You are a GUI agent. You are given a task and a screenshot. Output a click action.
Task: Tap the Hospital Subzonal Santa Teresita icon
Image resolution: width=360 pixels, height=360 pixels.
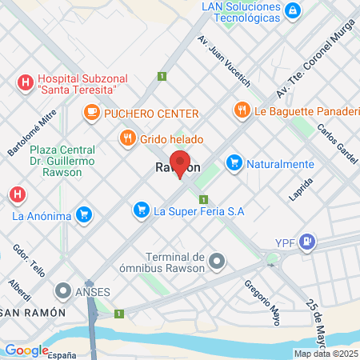pos(25,82)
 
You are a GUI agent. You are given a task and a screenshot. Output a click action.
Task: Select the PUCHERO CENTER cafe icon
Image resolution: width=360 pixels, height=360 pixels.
pos(92,113)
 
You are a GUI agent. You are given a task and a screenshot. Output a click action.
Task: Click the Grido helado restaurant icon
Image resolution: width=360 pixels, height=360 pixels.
pos(127,138)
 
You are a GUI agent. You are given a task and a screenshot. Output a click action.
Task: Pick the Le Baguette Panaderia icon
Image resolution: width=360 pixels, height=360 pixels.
pos(241,109)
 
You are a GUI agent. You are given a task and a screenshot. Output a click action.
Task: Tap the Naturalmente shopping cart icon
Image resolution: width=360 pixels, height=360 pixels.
pos(234,163)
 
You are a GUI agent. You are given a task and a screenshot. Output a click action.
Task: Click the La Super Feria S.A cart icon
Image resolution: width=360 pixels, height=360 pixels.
pos(141,210)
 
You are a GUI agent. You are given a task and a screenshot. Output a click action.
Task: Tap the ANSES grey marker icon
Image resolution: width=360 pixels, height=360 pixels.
pos(62,290)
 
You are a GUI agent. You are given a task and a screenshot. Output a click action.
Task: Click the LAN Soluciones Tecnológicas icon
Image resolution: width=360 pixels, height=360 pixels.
pos(294,10)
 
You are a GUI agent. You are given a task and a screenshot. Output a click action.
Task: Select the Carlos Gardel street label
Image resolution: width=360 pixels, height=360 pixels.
pos(335,142)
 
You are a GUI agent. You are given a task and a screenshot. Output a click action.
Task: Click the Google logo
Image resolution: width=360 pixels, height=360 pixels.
pos(26,350)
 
